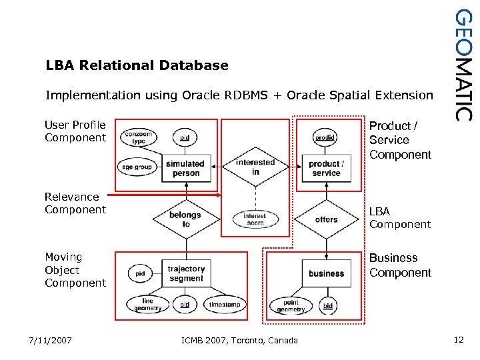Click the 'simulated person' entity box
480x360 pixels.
(185, 168)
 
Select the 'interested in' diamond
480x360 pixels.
(255, 167)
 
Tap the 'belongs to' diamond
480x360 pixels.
(185, 219)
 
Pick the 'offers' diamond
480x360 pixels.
(326, 219)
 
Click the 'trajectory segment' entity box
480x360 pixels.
(186, 273)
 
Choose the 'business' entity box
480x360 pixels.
(326, 273)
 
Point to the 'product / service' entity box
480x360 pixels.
(326, 168)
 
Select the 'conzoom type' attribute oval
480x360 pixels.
(138, 137)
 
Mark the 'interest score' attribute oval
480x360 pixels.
(255, 219)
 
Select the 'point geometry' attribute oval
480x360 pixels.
(291, 305)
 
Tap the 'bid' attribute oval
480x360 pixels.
(327, 305)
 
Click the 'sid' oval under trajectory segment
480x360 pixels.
(185, 305)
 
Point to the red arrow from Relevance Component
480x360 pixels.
(163, 196)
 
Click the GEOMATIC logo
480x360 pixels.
(465, 65)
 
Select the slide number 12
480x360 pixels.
(458, 340)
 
